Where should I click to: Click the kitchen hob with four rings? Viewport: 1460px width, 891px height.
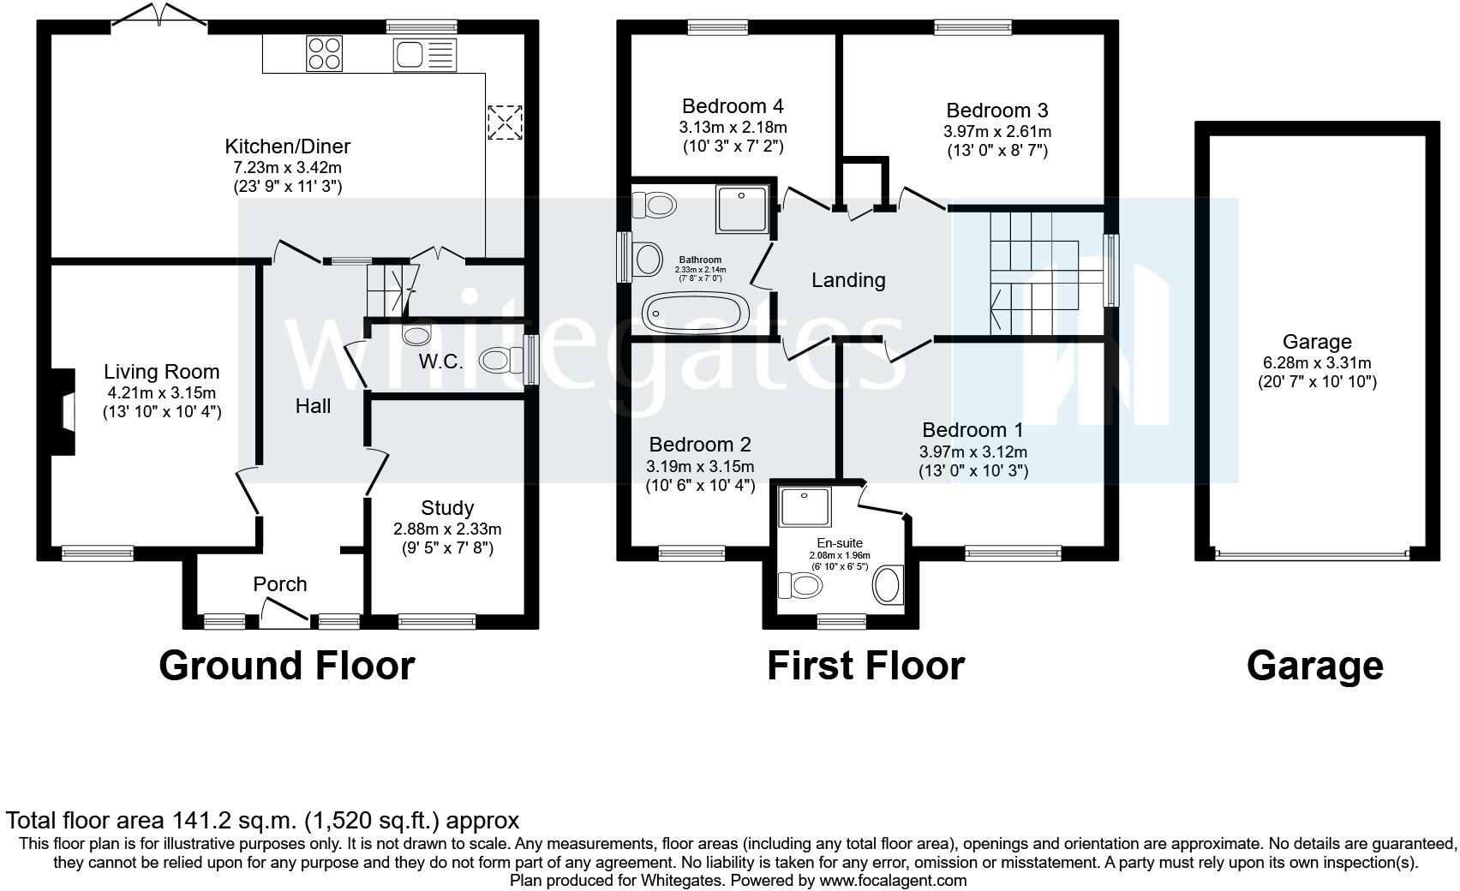(324, 53)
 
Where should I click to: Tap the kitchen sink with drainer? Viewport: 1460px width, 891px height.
(424, 54)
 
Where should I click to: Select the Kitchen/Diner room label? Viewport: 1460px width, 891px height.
(287, 146)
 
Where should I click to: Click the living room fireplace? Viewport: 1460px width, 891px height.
(63, 412)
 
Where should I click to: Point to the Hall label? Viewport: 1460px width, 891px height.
(313, 406)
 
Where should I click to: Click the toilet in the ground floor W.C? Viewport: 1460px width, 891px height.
(500, 360)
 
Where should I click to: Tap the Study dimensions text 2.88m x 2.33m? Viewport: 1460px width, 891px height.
(447, 529)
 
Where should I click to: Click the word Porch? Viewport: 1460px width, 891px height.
(279, 584)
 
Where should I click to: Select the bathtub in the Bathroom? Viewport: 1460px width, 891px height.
(696, 313)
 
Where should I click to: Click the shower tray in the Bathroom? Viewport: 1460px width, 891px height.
(742, 208)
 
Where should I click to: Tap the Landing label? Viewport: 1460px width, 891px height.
(848, 280)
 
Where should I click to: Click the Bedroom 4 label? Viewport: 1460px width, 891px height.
(733, 105)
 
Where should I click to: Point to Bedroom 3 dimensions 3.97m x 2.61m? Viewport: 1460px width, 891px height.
(997, 132)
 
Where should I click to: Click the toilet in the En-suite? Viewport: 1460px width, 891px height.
(799, 585)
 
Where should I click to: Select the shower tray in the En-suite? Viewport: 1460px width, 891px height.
(805, 506)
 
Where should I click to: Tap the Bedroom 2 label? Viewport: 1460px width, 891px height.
(700, 445)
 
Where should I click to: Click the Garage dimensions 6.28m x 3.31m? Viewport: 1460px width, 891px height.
(1317, 363)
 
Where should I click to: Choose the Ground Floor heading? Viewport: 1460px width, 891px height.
(287, 667)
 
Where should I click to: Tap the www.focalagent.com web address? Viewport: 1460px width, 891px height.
(892, 881)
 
